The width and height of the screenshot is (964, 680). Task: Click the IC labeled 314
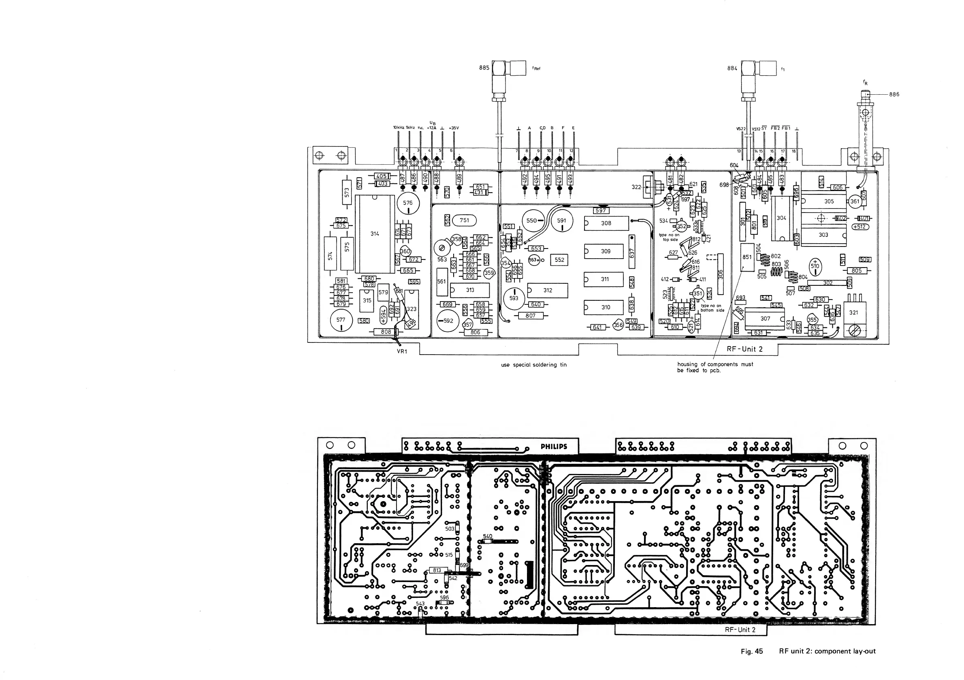tap(375, 234)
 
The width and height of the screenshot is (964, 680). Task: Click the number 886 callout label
tap(894, 94)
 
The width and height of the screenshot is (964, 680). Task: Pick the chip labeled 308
tap(606, 223)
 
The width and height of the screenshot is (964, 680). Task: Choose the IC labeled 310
tap(605, 308)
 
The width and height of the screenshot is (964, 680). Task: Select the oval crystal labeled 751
tap(464, 220)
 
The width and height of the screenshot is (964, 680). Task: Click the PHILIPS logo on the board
tap(553, 447)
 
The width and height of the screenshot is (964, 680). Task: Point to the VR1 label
tap(402, 352)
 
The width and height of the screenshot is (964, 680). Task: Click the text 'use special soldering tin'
tap(534, 365)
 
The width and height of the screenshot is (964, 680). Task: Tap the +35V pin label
tap(454, 128)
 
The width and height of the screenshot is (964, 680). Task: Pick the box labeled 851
tap(747, 257)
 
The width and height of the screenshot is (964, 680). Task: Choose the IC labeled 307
tap(765, 319)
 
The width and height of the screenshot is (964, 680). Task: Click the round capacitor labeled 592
tap(448, 321)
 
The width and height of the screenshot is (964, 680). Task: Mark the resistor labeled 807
tap(530, 316)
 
